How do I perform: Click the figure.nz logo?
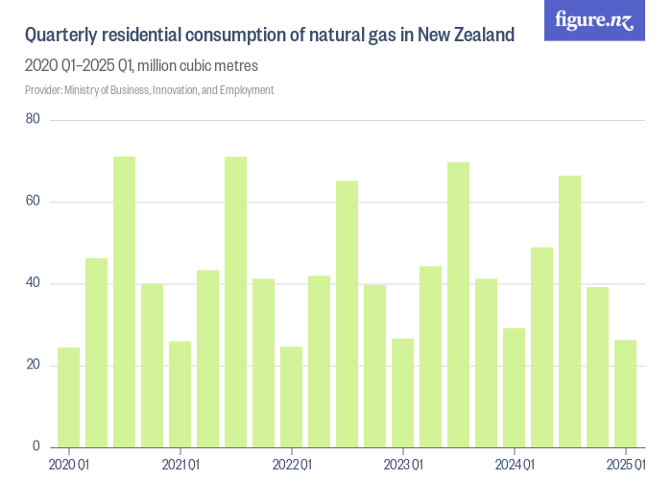[x=593, y=20]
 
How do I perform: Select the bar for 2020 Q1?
[x=69, y=397]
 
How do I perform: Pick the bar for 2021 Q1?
[x=180, y=395]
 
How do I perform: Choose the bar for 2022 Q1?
[x=292, y=396]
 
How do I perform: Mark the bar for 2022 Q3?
[x=348, y=314]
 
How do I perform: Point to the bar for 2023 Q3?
[x=459, y=304]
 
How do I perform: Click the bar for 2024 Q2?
[x=542, y=347]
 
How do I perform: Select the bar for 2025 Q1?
[x=626, y=394]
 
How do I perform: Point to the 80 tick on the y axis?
[x=33, y=120]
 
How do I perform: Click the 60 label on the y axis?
[x=33, y=202]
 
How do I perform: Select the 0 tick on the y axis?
[x=36, y=446]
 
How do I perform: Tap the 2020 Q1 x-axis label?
[x=69, y=466]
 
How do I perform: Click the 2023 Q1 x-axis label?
[x=403, y=466]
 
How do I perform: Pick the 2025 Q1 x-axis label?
[x=626, y=466]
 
